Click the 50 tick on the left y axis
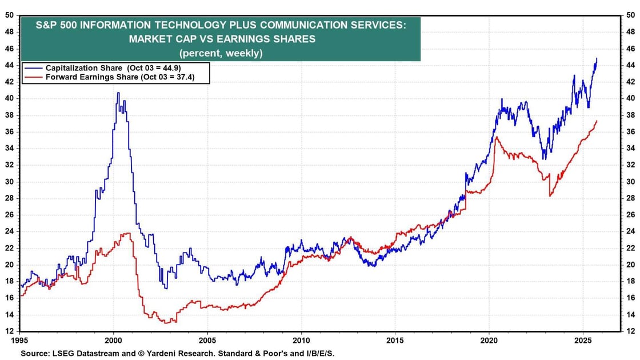point(10,15)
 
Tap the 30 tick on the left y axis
point(10,182)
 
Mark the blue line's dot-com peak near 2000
point(118,93)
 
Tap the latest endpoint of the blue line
point(597,58)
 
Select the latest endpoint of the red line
point(597,121)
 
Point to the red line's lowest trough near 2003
point(166,323)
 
